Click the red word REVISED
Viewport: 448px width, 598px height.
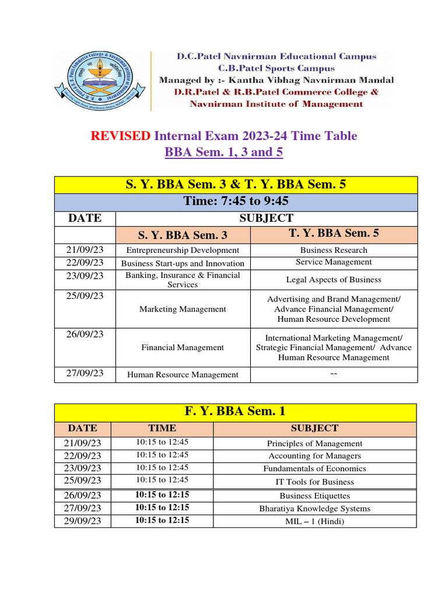click(x=120, y=136)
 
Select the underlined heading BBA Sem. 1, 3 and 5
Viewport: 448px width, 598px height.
click(x=224, y=153)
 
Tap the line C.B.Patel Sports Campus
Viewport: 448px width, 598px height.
click(x=277, y=68)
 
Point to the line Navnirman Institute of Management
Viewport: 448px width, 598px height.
click(x=276, y=104)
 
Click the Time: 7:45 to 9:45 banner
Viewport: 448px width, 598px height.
click(x=236, y=201)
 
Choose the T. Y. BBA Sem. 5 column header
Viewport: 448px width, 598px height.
click(x=334, y=233)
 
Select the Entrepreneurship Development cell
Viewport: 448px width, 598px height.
click(x=183, y=250)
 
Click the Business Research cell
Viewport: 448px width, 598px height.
click(x=334, y=250)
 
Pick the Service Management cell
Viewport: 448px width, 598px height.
click(x=334, y=262)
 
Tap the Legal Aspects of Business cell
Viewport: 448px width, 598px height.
click(x=334, y=280)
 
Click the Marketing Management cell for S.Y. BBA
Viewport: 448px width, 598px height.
click(x=183, y=309)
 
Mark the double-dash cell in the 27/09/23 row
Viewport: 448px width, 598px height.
click(x=334, y=374)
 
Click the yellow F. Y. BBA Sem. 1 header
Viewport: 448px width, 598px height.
click(x=236, y=412)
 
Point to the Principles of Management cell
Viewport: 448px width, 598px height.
click(x=314, y=444)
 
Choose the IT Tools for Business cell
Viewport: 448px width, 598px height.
click(x=314, y=482)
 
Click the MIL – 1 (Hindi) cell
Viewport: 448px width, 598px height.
click(x=314, y=521)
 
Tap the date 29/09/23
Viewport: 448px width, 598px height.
click(x=82, y=520)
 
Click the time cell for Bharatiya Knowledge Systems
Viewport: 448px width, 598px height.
click(x=162, y=507)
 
